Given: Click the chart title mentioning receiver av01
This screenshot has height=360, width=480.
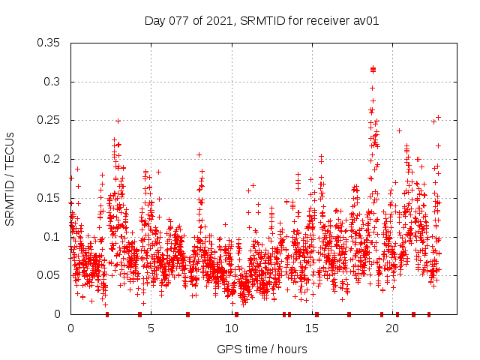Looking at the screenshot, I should point(262,20).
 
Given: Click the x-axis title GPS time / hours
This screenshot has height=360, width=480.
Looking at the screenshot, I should point(262,349).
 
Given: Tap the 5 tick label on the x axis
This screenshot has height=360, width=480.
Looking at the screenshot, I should point(151,328).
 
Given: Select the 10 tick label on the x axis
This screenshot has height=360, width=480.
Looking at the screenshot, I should point(232,328).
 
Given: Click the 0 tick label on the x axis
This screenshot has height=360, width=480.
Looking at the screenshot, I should point(70,328).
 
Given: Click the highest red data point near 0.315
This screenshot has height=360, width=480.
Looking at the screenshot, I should point(373,69).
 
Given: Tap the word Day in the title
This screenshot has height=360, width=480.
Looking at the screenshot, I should point(155,20).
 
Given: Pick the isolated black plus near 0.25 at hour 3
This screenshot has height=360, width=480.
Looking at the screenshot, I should point(118,121).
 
